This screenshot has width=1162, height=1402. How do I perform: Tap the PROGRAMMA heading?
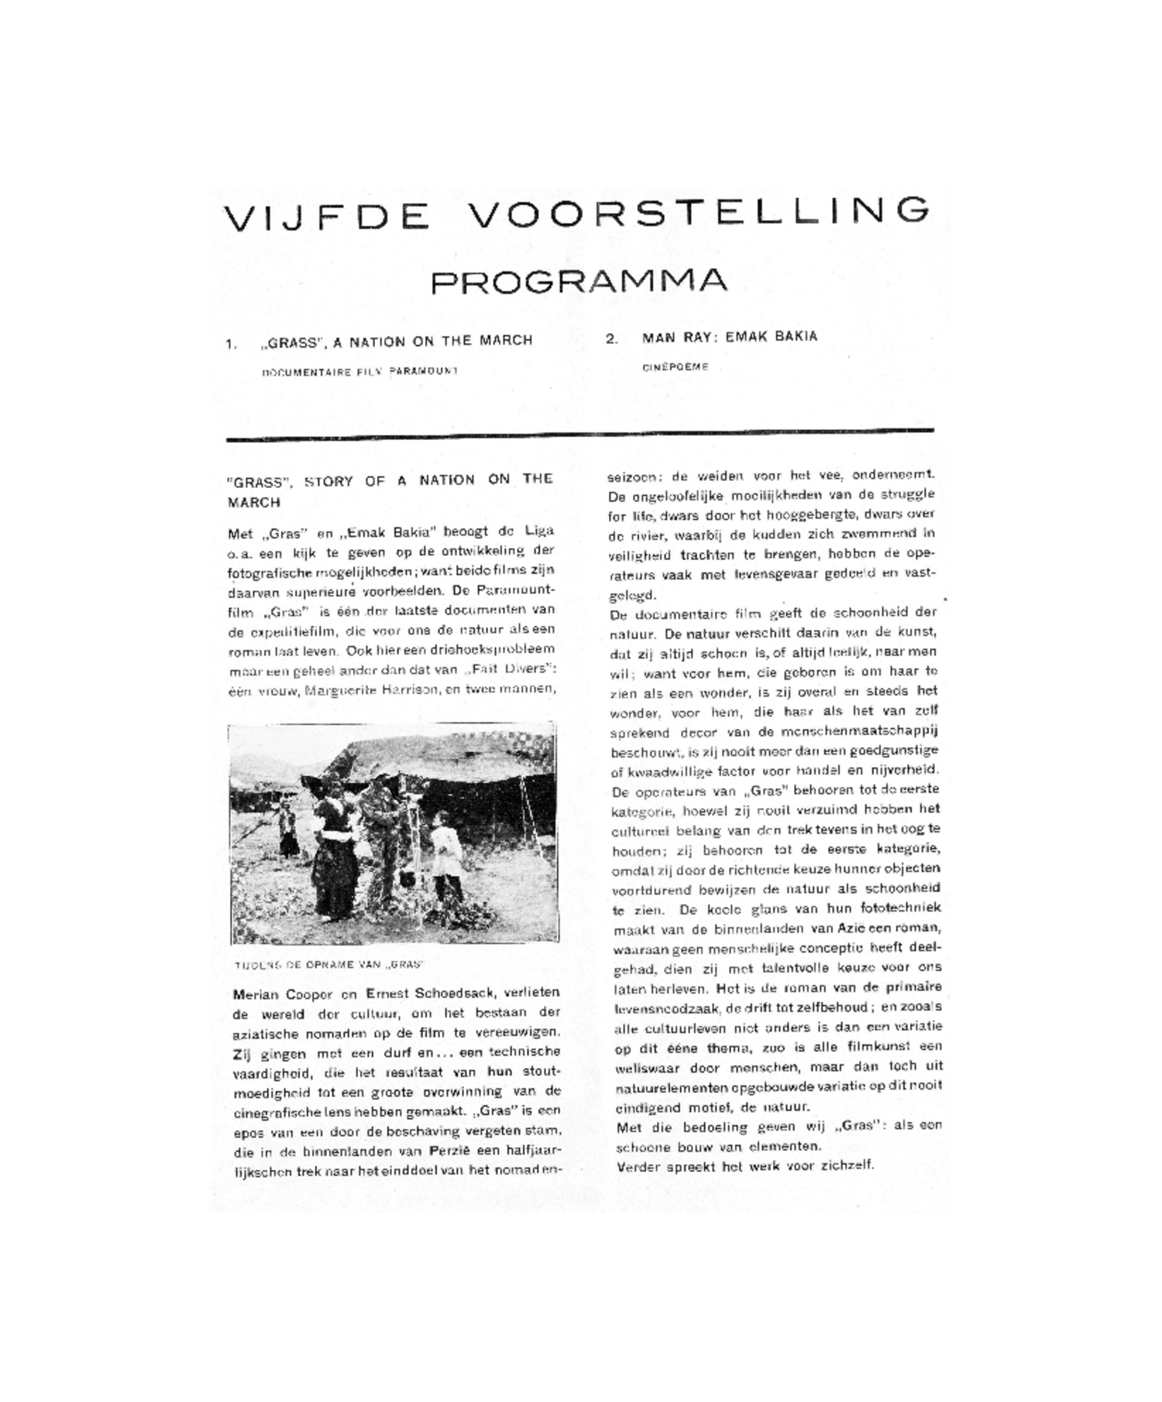(579, 280)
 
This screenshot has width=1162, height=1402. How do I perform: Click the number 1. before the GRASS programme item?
(231, 344)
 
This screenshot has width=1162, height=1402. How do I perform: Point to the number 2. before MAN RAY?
(612, 339)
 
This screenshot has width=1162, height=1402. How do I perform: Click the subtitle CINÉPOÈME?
(675, 367)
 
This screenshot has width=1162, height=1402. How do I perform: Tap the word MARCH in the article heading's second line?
(253, 503)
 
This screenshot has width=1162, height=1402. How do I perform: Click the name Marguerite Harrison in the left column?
(370, 689)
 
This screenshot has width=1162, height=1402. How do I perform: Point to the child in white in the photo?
(446, 856)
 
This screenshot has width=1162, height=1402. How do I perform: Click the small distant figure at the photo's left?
(287, 830)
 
